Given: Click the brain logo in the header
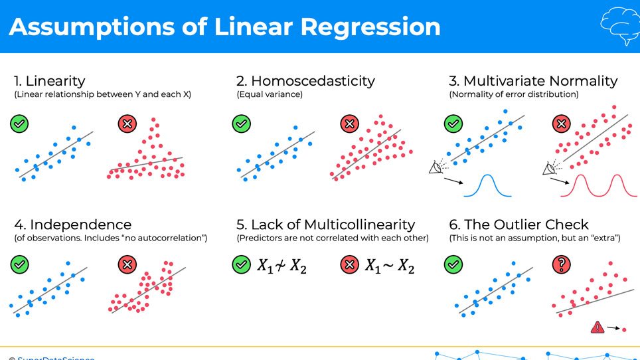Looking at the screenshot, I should [x=619, y=26].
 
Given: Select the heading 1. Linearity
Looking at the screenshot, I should [x=50, y=81].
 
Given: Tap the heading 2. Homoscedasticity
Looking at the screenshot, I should [x=305, y=81].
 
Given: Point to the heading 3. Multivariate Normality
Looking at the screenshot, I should [x=533, y=81].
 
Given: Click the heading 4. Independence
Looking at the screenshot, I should [x=72, y=225].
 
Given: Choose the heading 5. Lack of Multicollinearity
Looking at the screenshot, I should [x=325, y=225].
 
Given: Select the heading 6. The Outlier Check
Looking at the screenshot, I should [x=519, y=225].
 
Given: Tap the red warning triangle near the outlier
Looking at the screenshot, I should [x=598, y=327].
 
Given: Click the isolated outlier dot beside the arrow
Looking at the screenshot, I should [x=624, y=329].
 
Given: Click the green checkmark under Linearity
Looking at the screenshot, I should [x=20, y=123].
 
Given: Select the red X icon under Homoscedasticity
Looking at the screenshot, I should [x=349, y=123].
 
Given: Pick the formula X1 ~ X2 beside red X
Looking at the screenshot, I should [x=390, y=266].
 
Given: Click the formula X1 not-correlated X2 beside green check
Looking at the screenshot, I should [x=281, y=266].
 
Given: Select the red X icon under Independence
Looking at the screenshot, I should [x=127, y=265].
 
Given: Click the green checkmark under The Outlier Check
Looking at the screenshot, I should [x=453, y=265].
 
